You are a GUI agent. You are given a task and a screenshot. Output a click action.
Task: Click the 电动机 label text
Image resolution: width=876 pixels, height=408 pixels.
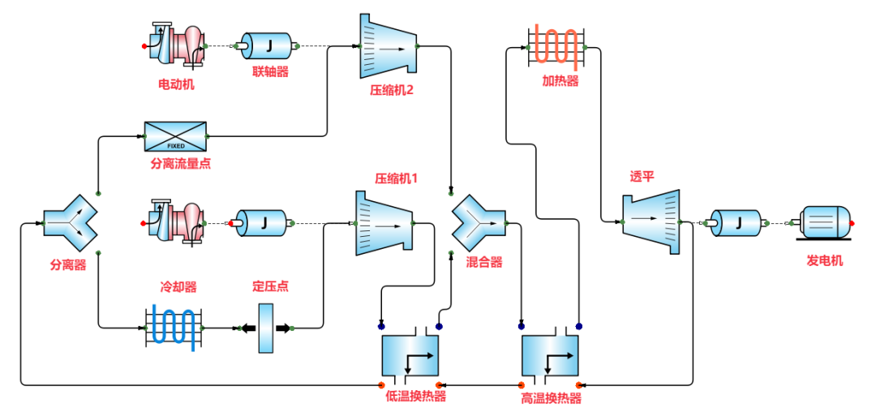click(x=176, y=84)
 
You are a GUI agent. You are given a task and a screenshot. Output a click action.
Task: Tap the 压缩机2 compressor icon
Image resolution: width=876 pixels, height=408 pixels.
click(x=387, y=47)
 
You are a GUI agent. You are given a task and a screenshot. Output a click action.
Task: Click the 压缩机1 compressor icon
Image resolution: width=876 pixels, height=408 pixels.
click(x=384, y=223)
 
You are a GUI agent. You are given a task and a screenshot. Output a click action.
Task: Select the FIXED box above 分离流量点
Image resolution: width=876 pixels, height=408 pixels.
click(x=176, y=136)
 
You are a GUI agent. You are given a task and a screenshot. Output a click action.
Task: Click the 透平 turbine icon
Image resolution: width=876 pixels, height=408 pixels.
click(x=651, y=221)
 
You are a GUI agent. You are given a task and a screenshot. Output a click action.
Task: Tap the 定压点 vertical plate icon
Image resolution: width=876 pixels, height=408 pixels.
click(x=266, y=328)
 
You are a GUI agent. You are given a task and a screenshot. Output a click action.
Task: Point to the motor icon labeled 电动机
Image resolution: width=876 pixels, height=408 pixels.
click(x=176, y=44)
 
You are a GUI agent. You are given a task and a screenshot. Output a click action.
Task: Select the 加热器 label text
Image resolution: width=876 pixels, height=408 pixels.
click(x=560, y=82)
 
